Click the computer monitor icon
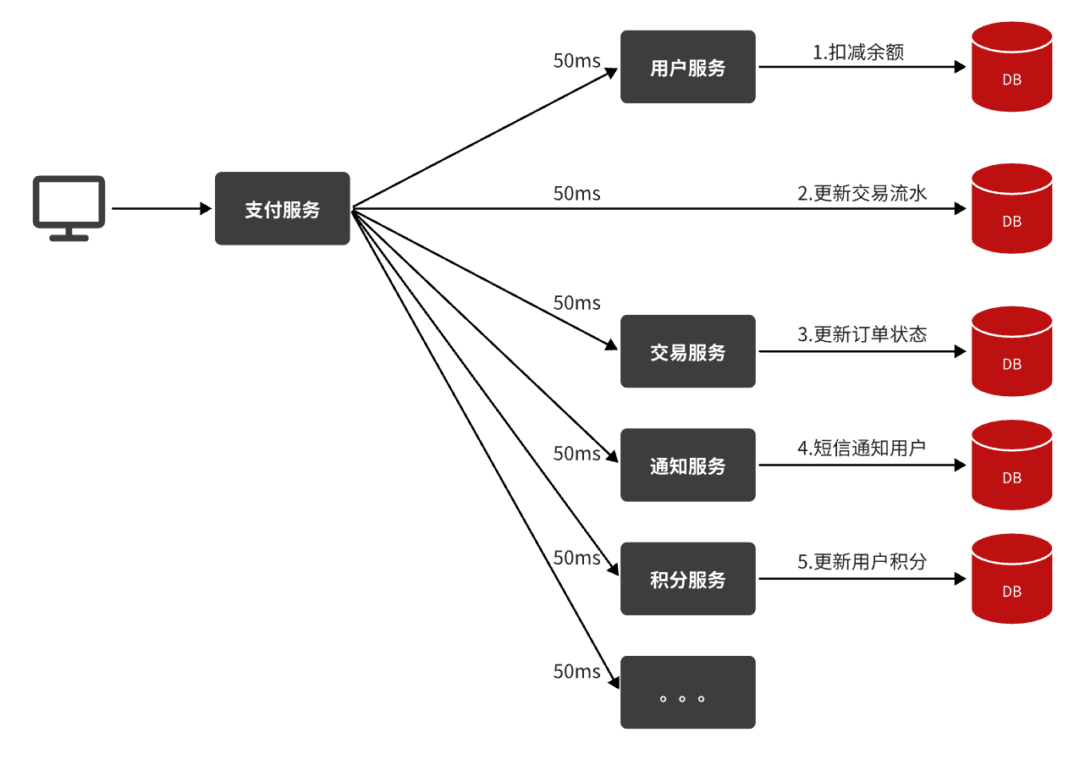pyautogui.click(x=69, y=207)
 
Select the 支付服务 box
pyautogui.click(x=282, y=209)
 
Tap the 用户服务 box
pyautogui.click(x=687, y=67)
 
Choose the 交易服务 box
pyautogui.click(x=687, y=351)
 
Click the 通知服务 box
pyautogui.click(x=687, y=465)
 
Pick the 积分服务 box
pyautogui.click(x=687, y=579)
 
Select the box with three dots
pyautogui.click(x=687, y=692)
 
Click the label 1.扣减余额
pyautogui.click(x=858, y=52)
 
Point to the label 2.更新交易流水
pyautogui.click(x=862, y=194)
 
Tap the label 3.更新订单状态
pyautogui.click(x=862, y=334)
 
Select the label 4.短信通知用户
pyautogui.click(x=862, y=449)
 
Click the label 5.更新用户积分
pyautogui.click(x=862, y=562)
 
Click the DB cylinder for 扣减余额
pyautogui.click(x=1011, y=67)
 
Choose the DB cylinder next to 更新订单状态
pyautogui.click(x=1011, y=351)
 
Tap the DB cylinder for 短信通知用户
pyautogui.click(x=1011, y=465)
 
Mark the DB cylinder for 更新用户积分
pyautogui.click(x=1011, y=579)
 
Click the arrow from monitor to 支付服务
pyautogui.click(x=161, y=208)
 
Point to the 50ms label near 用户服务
pyautogui.click(x=576, y=61)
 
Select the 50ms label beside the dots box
pyautogui.click(x=576, y=672)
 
